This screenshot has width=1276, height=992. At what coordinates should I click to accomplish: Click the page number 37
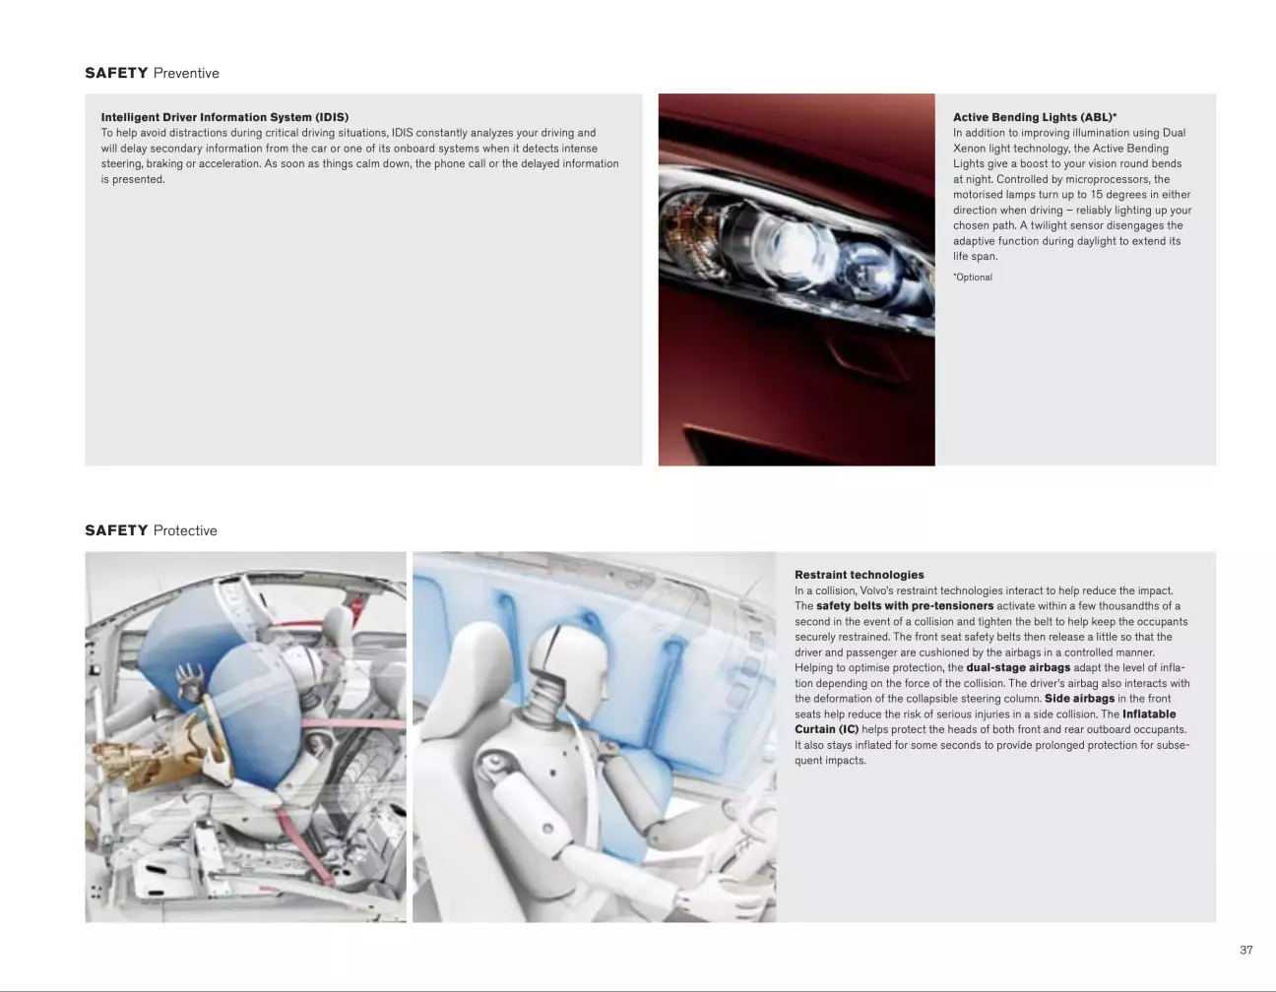(1246, 950)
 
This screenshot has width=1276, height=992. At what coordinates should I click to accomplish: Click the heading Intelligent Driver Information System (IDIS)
(224, 117)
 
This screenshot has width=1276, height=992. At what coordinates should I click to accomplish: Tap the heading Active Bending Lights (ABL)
(1035, 117)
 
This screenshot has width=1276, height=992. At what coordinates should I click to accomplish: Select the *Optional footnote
(973, 278)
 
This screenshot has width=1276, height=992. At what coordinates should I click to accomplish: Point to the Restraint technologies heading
(860, 575)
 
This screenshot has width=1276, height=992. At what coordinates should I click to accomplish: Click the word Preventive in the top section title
(186, 74)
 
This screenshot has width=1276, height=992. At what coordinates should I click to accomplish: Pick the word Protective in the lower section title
(185, 530)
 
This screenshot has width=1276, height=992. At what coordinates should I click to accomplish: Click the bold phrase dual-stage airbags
(1018, 667)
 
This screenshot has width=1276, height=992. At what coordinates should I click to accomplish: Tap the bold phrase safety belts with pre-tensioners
(905, 606)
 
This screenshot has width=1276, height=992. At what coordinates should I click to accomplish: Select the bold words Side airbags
(1079, 699)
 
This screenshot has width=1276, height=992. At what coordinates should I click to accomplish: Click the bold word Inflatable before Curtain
(1149, 713)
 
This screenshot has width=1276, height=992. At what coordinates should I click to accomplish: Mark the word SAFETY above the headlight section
(116, 74)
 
